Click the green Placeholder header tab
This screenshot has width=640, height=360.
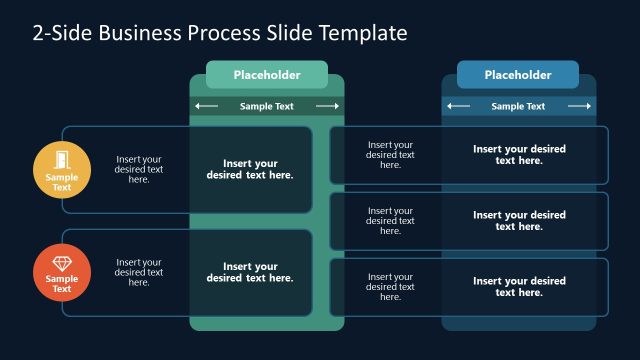[267, 75]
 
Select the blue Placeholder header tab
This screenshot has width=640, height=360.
[518, 75]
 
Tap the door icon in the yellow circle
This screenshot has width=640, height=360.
[62, 160]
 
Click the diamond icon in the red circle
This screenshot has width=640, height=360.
[62, 262]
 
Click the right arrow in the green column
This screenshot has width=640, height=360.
[327, 106]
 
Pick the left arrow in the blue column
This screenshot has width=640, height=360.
[458, 106]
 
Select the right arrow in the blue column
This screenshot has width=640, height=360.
[579, 106]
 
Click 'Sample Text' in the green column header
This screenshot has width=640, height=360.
[267, 106]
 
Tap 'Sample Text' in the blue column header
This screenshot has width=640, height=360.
[518, 106]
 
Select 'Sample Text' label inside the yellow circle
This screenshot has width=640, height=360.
[62, 182]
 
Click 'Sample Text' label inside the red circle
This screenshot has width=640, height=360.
[62, 284]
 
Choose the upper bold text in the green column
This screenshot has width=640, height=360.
[250, 169]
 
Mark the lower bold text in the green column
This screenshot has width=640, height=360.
[250, 272]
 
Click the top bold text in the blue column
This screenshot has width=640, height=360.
[519, 154]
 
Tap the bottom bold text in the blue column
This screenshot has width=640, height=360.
[519, 287]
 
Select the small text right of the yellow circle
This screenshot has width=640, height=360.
[139, 169]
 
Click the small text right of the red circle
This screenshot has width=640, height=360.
[139, 272]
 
